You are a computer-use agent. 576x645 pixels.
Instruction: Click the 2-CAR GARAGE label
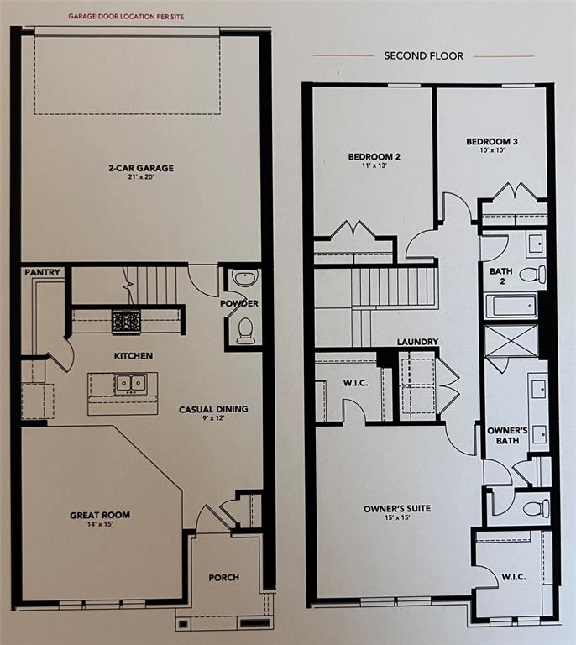point(140,168)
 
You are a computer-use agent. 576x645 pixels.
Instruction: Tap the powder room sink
point(245,279)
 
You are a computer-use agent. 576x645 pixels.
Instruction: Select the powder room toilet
point(245,331)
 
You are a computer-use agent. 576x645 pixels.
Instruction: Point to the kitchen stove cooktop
point(126,320)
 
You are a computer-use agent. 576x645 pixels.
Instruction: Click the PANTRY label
point(41,273)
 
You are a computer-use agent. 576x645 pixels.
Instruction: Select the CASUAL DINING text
point(213,410)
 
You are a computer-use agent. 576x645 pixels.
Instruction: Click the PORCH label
point(224,578)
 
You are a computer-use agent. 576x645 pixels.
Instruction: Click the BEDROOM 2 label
point(374,156)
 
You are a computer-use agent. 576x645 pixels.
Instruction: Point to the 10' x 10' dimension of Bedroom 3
point(491,152)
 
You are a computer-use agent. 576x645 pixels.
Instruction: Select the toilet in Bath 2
point(532,274)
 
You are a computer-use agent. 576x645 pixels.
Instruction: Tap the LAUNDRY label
point(417,342)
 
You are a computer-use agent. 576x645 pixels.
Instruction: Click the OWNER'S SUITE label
point(393,508)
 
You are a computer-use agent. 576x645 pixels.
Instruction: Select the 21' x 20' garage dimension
point(140,178)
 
